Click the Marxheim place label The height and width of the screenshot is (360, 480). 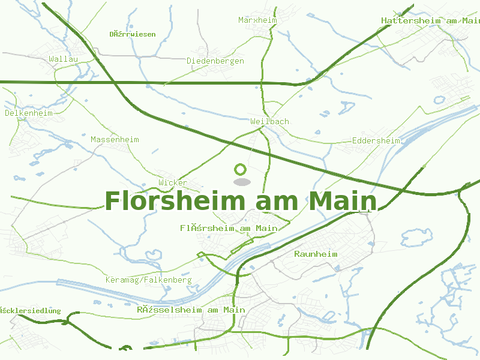[x=257, y=20]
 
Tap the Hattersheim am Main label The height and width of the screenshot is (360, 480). [x=430, y=21]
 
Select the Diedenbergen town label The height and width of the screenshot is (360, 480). [x=215, y=61]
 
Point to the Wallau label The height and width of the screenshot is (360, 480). [x=64, y=59]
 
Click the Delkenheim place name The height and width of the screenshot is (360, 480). [x=29, y=113]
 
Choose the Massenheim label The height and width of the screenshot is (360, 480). [x=115, y=140]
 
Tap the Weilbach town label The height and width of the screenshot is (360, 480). [x=269, y=121]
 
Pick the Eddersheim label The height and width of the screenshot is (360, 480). [x=376, y=141]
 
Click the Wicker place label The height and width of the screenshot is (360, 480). [x=173, y=182]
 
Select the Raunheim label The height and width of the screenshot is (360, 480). [x=316, y=254]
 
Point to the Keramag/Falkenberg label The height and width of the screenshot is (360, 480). [x=148, y=280]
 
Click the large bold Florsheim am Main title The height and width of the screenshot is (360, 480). [x=241, y=202]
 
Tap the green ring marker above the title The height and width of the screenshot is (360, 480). [x=241, y=169]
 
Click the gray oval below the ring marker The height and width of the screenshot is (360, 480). [x=241, y=181]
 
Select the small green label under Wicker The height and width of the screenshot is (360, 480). [x=229, y=229]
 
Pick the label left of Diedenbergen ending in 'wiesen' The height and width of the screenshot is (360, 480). [x=132, y=34]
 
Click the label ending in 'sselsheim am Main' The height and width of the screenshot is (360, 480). [x=191, y=310]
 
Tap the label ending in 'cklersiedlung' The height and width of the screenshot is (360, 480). [x=31, y=310]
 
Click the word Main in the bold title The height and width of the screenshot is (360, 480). [x=343, y=202]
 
